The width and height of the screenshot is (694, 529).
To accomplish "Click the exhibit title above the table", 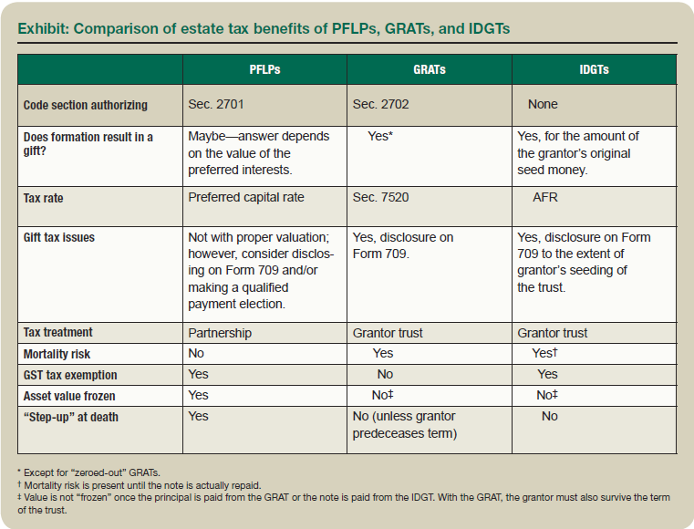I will [x=264, y=28].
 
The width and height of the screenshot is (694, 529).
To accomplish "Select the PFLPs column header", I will [x=264, y=70].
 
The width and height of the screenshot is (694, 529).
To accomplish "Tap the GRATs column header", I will [x=429, y=70].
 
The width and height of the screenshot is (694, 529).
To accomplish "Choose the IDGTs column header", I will [x=594, y=70].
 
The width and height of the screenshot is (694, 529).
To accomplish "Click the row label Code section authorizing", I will [x=85, y=105].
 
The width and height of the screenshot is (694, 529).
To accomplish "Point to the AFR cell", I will [x=545, y=196].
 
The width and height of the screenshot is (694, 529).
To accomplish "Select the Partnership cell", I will [x=221, y=333].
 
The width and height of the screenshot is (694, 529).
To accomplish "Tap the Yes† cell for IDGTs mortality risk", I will [x=544, y=353].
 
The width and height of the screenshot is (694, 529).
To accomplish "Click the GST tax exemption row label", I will [x=70, y=375].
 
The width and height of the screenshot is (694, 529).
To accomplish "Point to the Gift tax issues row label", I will [x=59, y=238].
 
